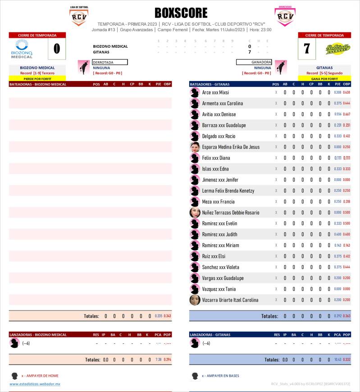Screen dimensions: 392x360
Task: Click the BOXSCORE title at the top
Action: point(181,13)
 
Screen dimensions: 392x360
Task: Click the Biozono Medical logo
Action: point(22,49)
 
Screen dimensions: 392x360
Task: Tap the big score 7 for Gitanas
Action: point(307,49)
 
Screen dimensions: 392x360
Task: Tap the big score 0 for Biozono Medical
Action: point(57,49)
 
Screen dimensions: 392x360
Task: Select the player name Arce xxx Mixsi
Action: point(215,92)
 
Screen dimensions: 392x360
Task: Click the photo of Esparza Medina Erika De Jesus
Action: point(195,147)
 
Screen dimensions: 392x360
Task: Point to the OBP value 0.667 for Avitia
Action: point(346,114)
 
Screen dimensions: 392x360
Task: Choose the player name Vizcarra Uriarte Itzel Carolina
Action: point(230,300)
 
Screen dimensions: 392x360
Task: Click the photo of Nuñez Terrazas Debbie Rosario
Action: point(195,212)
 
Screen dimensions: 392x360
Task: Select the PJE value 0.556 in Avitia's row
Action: point(337,114)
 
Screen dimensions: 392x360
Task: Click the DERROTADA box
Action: point(109,62)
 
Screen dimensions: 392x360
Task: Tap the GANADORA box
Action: point(254,62)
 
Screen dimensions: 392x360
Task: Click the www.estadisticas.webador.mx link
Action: point(35,384)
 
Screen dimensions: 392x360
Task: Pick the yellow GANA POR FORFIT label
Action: point(324,78)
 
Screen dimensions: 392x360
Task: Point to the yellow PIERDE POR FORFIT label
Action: point(37,78)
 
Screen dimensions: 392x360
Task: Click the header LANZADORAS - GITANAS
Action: point(210,334)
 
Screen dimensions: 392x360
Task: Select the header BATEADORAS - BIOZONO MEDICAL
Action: point(38,84)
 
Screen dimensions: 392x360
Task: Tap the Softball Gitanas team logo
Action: point(338,49)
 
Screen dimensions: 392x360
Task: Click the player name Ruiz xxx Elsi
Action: point(214,256)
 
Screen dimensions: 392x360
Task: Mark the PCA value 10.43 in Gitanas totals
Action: point(337,360)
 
